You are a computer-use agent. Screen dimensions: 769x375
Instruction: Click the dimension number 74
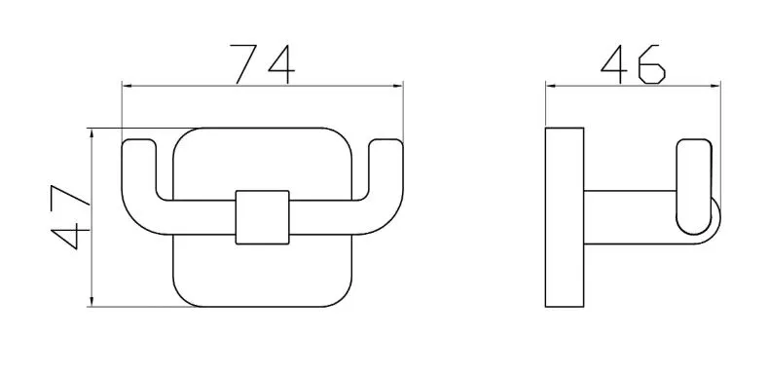[x=263, y=64]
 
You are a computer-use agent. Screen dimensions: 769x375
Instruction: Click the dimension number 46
[x=633, y=64]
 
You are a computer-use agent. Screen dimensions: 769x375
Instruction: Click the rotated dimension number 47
[x=70, y=216]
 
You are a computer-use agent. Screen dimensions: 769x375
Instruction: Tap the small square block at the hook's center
[x=262, y=217]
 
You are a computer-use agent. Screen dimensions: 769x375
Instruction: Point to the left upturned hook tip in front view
[x=138, y=144]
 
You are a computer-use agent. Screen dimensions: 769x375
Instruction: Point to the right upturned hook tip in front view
[x=385, y=144]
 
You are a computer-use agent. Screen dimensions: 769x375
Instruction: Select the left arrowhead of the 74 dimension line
[x=128, y=86]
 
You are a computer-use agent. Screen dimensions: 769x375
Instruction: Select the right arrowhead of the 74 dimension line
[x=396, y=86]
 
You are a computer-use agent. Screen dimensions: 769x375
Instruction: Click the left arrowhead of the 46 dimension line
[x=552, y=86]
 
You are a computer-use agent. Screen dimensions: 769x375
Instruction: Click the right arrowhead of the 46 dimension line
[x=714, y=86]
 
